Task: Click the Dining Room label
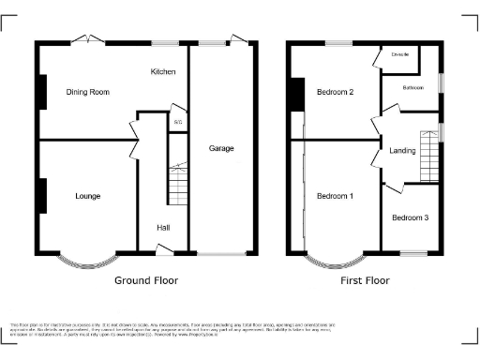(88, 92)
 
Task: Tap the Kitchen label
(164, 71)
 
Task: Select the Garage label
(221, 148)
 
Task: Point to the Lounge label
(87, 196)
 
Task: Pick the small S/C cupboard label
(178, 122)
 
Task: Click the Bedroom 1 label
(335, 196)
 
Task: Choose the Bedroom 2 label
(335, 92)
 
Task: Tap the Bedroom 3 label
(410, 218)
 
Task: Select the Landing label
(403, 150)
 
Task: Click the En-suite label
(399, 56)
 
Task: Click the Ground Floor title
(145, 280)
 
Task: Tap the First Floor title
(365, 280)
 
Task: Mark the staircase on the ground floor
(178, 184)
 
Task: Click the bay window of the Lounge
(88, 262)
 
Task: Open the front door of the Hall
(164, 248)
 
